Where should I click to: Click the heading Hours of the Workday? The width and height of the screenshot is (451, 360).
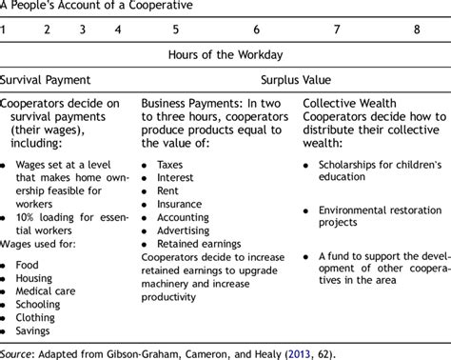tap(225, 55)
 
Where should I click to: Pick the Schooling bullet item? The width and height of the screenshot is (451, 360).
tap(41, 310)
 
